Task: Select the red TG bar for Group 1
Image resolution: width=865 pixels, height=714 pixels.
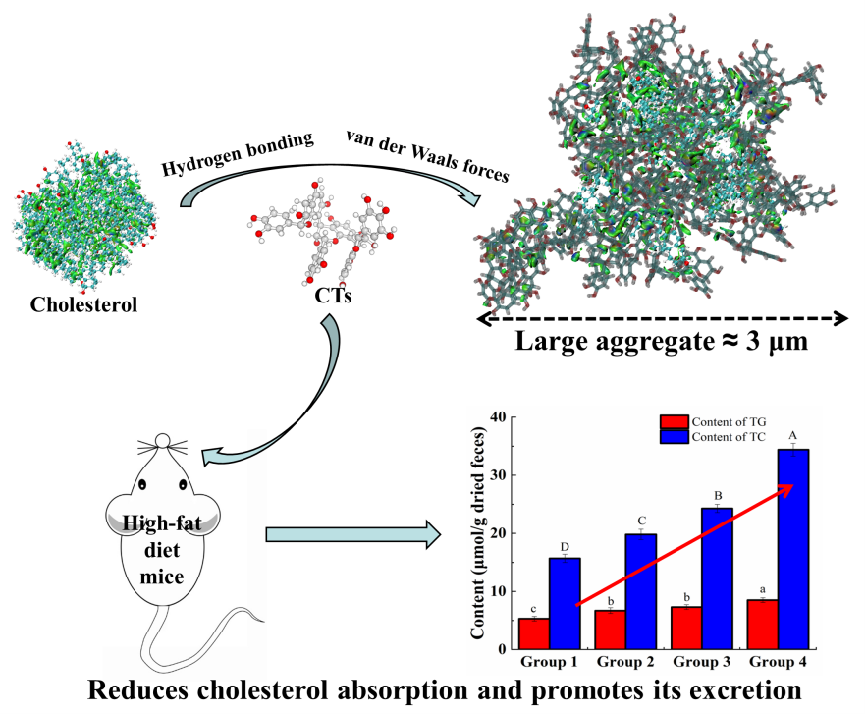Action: pos(533,633)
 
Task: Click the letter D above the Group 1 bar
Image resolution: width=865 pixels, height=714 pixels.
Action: pos(565,546)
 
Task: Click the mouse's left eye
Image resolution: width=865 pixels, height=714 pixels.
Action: pos(143,484)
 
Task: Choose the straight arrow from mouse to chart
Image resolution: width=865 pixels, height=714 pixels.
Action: pos(353,535)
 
